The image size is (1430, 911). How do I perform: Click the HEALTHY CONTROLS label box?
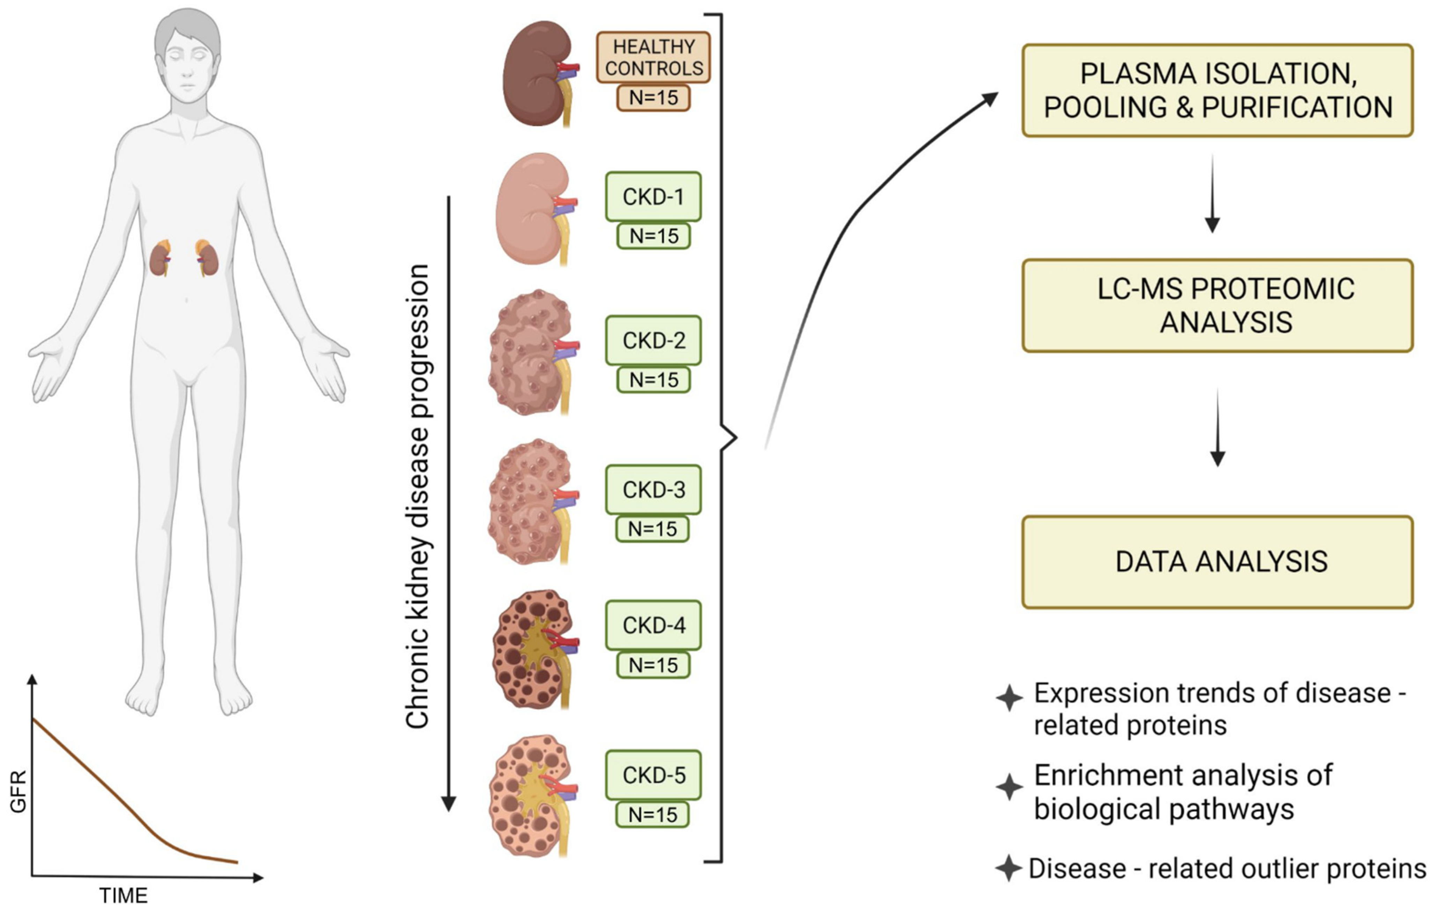(653, 58)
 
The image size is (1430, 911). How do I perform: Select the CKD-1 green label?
(653, 196)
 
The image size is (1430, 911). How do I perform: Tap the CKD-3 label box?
(653, 490)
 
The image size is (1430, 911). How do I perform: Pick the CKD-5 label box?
(653, 775)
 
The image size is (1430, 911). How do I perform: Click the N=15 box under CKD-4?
(653, 665)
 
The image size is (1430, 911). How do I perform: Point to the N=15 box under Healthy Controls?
(653, 97)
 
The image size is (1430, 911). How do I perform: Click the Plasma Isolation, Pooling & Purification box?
(1218, 90)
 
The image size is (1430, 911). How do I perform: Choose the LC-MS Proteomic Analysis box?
(1218, 305)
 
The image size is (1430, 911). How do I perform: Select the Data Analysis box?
(1218, 561)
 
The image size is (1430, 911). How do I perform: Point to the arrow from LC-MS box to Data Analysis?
(1218, 428)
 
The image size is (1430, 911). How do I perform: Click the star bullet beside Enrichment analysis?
(1009, 787)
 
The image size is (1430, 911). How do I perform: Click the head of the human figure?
(187, 57)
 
